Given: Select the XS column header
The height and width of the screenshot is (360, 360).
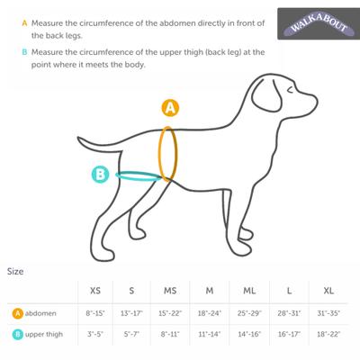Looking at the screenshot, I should [95, 291].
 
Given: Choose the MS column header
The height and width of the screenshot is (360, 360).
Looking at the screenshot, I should [170, 291].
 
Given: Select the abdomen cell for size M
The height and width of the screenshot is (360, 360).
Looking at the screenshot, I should [210, 313].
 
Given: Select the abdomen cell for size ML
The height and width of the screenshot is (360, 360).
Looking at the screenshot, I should [248, 313].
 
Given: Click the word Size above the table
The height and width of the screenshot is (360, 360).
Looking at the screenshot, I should [16, 270].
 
